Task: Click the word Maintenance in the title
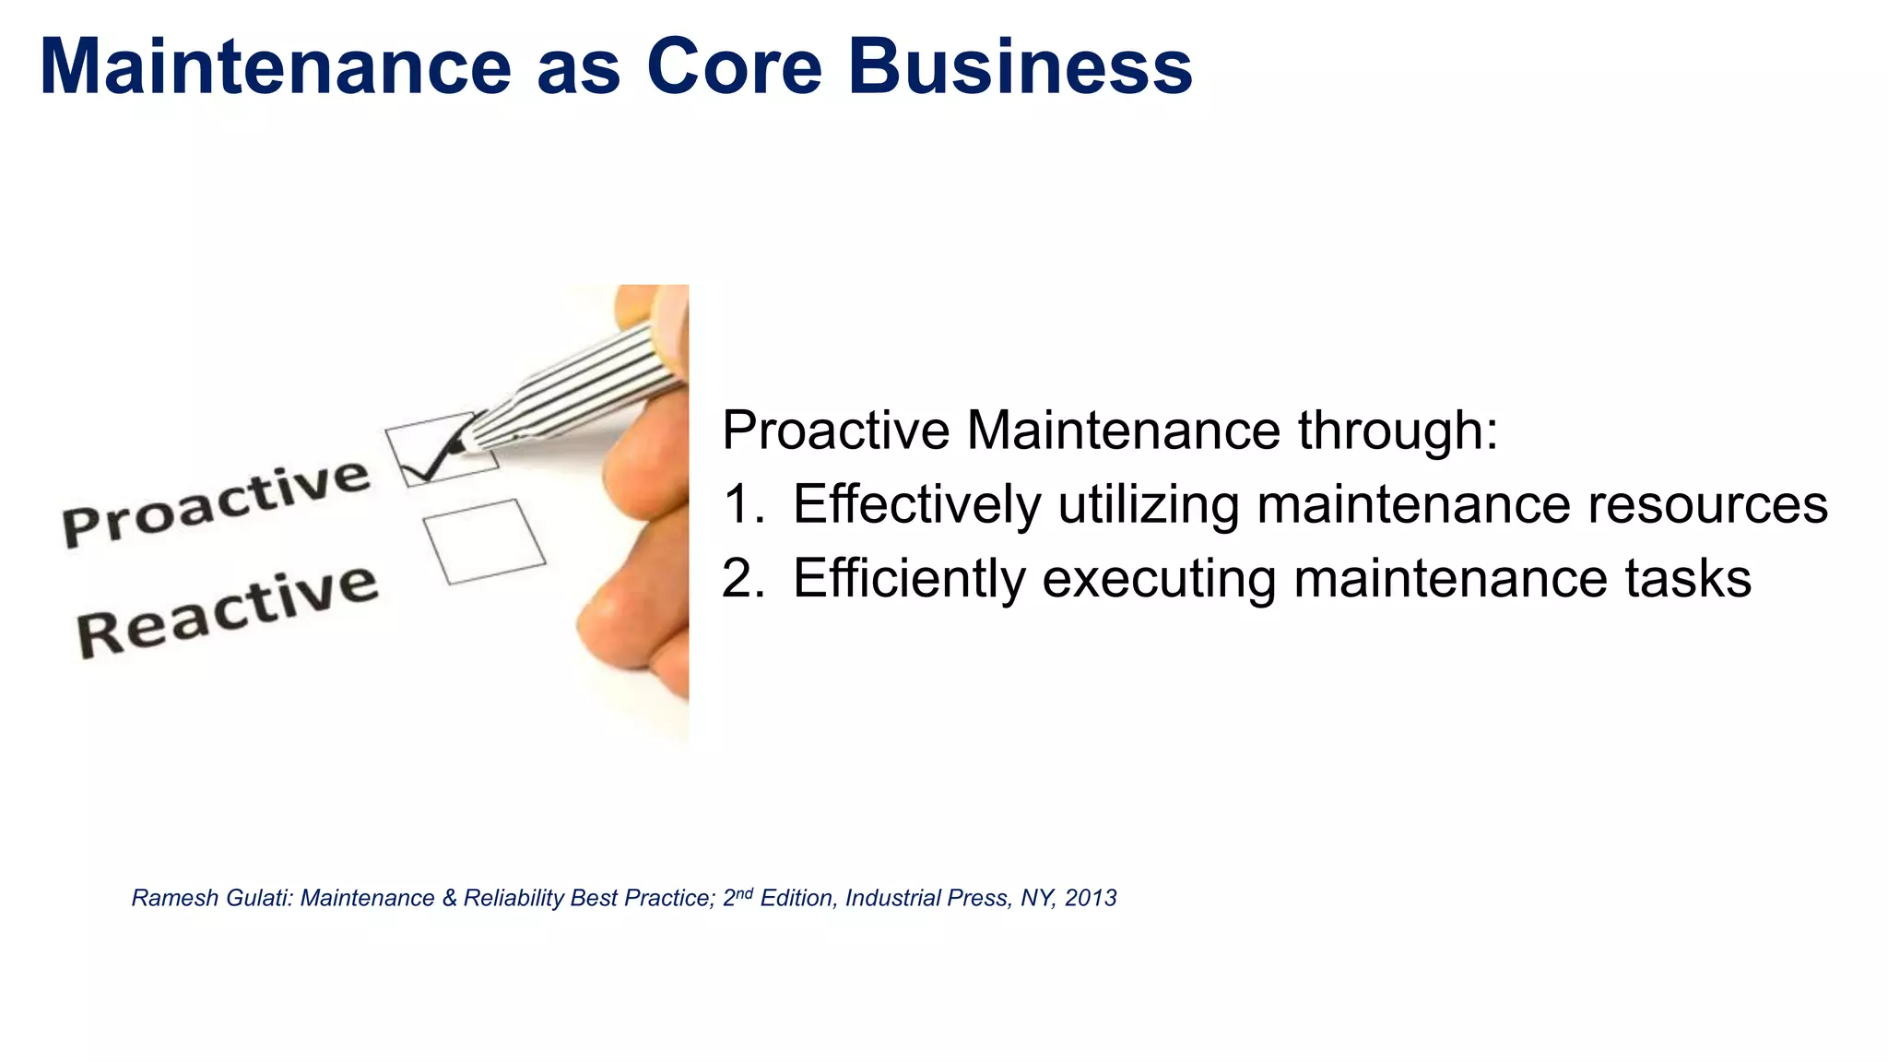[275, 66]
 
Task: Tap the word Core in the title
[734, 66]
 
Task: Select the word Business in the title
[1020, 66]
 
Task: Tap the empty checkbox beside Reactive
[484, 542]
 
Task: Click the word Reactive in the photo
[227, 610]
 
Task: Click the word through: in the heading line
[1398, 430]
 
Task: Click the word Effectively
[916, 504]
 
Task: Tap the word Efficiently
[909, 579]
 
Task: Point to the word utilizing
[1147, 504]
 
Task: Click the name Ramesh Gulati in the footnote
[211, 898]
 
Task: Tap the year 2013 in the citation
[1091, 898]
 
